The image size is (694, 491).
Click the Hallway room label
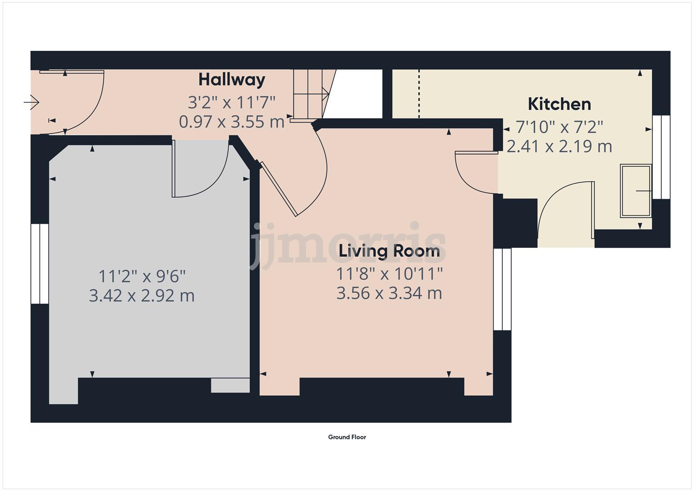point(232,80)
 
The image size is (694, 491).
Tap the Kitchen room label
point(559,104)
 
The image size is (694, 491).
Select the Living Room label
point(389,251)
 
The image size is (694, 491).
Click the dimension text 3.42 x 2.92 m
point(142,296)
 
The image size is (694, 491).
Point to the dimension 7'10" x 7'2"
point(559,126)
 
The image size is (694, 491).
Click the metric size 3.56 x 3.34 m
point(389,293)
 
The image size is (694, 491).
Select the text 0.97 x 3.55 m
point(232,122)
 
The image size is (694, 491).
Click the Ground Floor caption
point(347,437)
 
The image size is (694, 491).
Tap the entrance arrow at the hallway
point(31,103)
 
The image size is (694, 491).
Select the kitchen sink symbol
point(636,191)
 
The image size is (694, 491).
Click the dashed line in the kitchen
point(419,94)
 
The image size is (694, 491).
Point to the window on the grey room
point(40,264)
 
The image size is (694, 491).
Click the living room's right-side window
point(503,289)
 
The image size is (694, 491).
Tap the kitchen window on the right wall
point(661,157)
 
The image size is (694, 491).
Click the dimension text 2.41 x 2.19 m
point(559,147)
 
